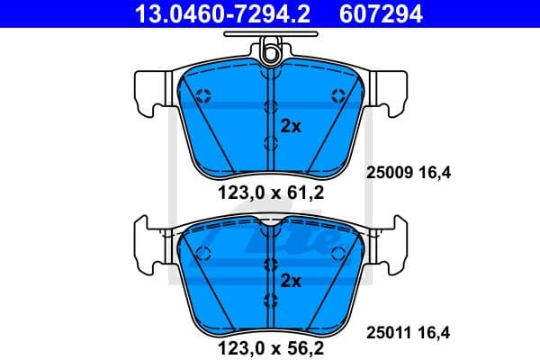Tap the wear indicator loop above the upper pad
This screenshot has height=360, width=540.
coord(270,53)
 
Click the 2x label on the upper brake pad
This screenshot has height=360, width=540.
coord(291,126)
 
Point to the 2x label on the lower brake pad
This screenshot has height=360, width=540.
coord(291,280)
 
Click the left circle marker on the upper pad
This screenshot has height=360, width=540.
coord(202,94)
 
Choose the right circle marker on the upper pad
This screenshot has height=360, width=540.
coord(337,94)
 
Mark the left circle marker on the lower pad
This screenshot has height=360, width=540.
coord(202,251)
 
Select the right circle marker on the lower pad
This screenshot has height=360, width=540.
coord(337,251)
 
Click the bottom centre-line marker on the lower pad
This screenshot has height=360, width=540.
coord(270,300)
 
